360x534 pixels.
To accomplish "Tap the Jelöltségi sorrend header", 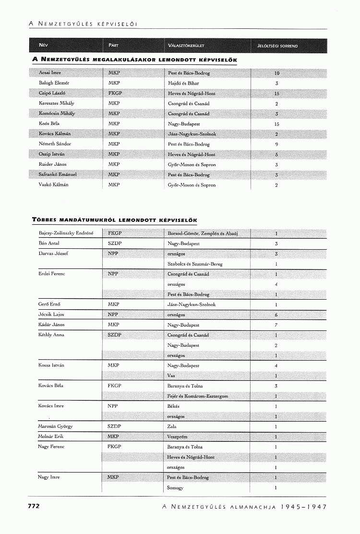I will pyautogui.click(x=277, y=46).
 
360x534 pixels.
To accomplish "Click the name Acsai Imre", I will pyautogui.click(x=49, y=73).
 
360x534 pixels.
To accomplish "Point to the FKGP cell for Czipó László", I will pyautogui.click(x=115, y=93).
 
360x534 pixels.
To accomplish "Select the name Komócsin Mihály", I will pyautogui.click(x=57, y=113).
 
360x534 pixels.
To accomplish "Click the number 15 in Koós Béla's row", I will pyautogui.click(x=276, y=124).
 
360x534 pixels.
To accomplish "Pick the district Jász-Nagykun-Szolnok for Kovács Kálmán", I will pyautogui.click(x=192, y=134).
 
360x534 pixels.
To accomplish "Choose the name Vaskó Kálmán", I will pyautogui.click(x=53, y=185).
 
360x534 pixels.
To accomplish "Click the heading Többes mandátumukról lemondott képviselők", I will pyautogui.click(x=115, y=220).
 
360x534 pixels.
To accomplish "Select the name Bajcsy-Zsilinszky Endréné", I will pyautogui.click(x=66, y=233).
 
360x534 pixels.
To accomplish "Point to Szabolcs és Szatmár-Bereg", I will pyautogui.click(x=195, y=264).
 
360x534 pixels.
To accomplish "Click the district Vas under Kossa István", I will pyautogui.click(x=171, y=376).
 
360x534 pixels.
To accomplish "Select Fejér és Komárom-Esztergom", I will pyautogui.click(x=198, y=396).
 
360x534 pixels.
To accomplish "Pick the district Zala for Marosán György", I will pyautogui.click(x=172, y=426).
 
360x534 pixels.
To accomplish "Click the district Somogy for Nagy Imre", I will pyautogui.click(x=175, y=488).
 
